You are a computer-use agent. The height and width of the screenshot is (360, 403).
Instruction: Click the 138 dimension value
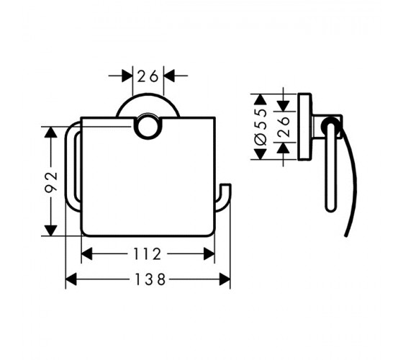point(150,279)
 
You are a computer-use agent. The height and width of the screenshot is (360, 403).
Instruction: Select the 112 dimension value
point(148,254)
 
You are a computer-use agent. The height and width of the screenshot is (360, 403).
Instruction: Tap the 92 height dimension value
point(51,182)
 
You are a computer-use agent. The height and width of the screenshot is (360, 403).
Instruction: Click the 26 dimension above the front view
point(148,76)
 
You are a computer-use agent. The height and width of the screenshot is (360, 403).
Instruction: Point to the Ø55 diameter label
point(261,127)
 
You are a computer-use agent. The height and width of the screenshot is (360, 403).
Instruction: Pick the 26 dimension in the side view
point(284,127)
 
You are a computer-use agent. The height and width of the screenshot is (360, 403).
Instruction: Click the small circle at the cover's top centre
point(148,127)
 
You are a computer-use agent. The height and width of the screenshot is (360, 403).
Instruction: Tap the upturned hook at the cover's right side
point(223,197)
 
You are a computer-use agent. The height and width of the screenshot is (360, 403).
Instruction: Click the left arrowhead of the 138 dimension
point(71,279)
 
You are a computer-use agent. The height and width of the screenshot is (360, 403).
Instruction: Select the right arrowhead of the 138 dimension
point(225,279)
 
